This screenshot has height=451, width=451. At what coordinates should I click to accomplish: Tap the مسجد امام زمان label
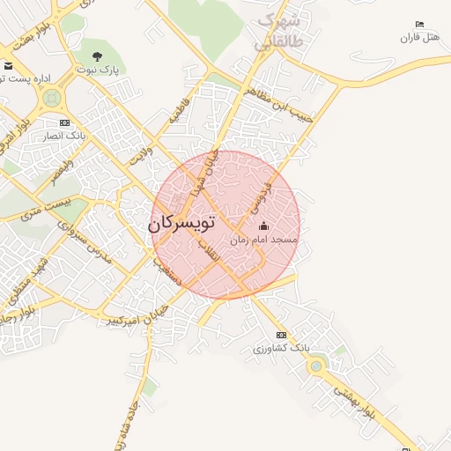264,240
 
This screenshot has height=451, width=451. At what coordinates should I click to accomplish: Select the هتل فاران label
419,37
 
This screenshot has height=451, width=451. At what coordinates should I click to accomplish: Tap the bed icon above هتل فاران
419,25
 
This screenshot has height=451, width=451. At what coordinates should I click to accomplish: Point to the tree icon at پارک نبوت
97,56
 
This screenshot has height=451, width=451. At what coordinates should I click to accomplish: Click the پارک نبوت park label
97,69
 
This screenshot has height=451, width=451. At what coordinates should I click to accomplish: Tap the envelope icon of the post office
8,66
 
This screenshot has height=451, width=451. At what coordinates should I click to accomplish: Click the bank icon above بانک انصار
63,122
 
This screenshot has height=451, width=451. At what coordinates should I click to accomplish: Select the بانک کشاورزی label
280,348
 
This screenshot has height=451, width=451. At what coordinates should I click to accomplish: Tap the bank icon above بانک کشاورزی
281,335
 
